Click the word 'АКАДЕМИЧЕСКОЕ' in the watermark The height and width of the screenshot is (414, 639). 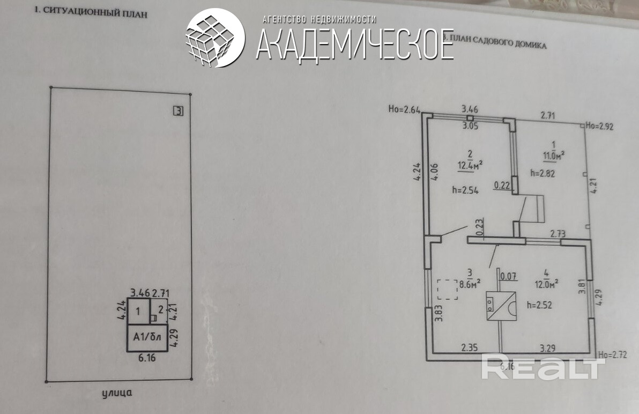[354, 44]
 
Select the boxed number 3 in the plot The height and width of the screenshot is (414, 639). [179, 112]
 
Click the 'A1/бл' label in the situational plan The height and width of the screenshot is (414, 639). [146, 338]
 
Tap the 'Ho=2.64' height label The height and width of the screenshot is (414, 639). [404, 110]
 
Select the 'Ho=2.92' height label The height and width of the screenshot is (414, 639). [599, 127]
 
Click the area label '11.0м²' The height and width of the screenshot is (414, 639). [554, 156]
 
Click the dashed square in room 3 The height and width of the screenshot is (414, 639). [447, 290]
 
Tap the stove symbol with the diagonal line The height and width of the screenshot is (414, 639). [501, 306]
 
